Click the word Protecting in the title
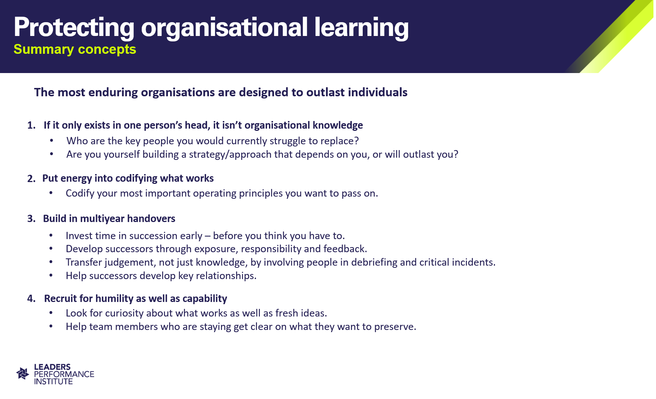point(74,28)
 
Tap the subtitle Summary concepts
point(75,49)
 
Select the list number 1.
point(31,125)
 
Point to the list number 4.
point(31,299)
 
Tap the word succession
point(153,236)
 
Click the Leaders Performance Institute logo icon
point(23,374)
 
